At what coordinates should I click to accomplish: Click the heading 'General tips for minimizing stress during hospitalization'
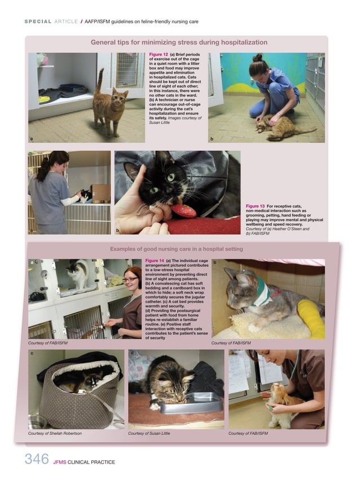point(179,42)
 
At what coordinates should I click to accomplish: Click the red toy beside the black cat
point(185,211)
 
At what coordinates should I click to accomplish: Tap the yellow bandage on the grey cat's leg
point(312,318)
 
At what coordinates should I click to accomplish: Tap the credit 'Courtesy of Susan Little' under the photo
point(149,434)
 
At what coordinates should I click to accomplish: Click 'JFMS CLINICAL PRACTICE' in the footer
point(84,463)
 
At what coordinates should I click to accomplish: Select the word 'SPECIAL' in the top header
point(38,22)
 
